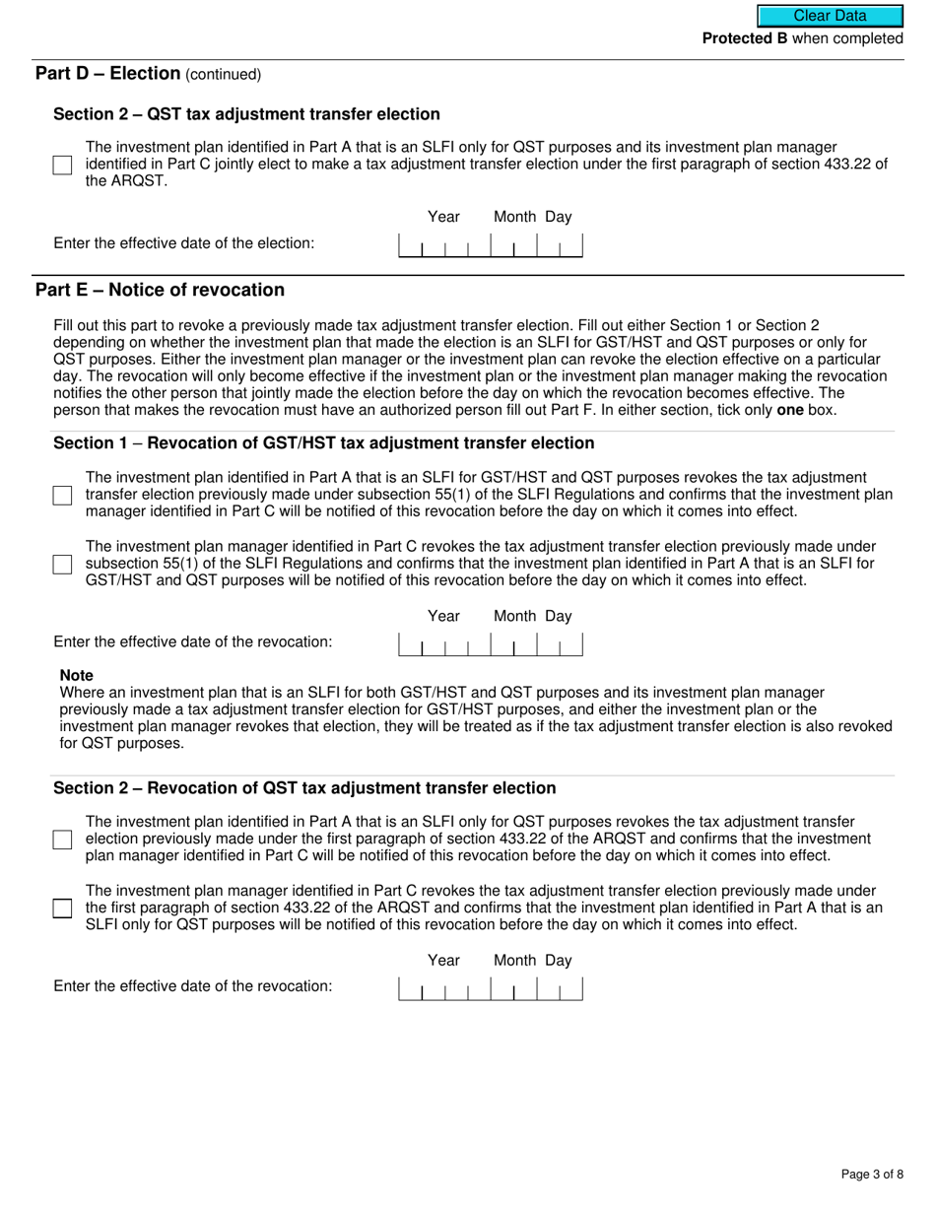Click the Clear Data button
(x=830, y=16)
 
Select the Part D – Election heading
(x=108, y=74)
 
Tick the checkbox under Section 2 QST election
(x=62, y=165)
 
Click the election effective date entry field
(x=490, y=245)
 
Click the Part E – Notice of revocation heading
(x=160, y=290)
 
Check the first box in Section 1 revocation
(x=62, y=495)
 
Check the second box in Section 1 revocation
(x=62, y=564)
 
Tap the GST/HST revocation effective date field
(x=490, y=644)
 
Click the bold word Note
(x=77, y=675)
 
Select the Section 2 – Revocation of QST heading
(x=304, y=788)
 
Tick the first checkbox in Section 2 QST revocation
(x=62, y=840)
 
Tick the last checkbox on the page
(x=62, y=909)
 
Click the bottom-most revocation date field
(x=490, y=988)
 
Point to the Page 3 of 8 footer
(x=872, y=1174)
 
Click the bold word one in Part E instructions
(x=790, y=410)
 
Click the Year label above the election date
(x=443, y=217)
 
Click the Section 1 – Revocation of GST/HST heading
(x=323, y=443)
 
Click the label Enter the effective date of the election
(x=184, y=243)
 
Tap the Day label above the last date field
(x=559, y=960)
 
